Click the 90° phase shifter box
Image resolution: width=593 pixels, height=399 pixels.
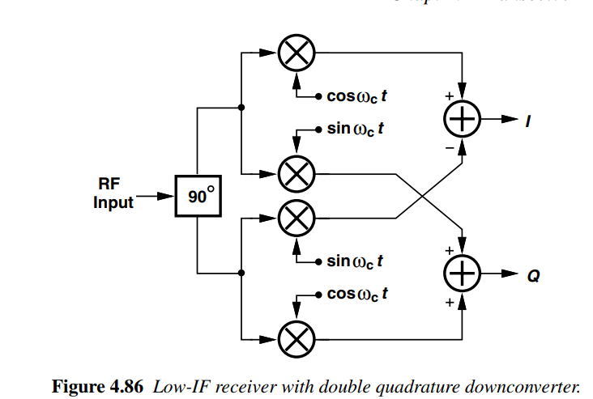tap(198, 195)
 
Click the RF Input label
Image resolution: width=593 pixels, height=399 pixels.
tap(113, 194)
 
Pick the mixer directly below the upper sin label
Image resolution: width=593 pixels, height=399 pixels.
tap(296, 172)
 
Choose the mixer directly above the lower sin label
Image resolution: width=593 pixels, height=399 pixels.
tap(296, 217)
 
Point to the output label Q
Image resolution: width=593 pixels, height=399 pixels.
tap(532, 276)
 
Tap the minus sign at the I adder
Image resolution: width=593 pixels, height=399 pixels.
tap(448, 148)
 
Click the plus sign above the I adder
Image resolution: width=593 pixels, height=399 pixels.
tap(447, 96)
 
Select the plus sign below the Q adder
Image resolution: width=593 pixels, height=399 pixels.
tap(447, 303)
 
